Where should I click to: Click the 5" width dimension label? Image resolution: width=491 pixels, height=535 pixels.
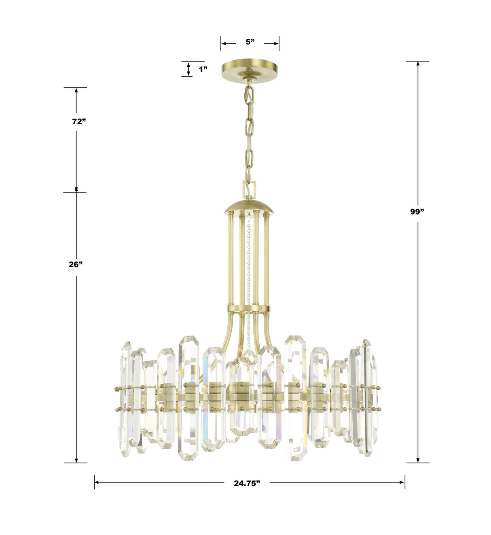coord(250,42)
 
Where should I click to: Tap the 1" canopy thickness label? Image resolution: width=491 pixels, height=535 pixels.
coord(203,69)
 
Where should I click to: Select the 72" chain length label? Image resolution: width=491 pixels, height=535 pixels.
coord(79,121)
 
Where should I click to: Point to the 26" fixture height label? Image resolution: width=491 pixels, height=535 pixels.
coord(76,264)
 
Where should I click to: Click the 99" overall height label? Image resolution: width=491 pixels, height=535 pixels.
coord(417,211)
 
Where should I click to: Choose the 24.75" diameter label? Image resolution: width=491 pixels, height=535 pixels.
coord(247,483)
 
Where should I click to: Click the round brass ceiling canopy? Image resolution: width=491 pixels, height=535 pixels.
coord(250,70)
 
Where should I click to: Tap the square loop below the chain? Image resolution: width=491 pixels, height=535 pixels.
coord(249,189)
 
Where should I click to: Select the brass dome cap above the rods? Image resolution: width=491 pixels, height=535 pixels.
coord(250,206)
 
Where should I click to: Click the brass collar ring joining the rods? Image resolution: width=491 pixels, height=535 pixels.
coord(248,310)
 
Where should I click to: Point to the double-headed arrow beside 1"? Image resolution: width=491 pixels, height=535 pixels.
coord(188,69)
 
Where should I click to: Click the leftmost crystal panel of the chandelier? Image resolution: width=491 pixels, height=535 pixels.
coord(125,398)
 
